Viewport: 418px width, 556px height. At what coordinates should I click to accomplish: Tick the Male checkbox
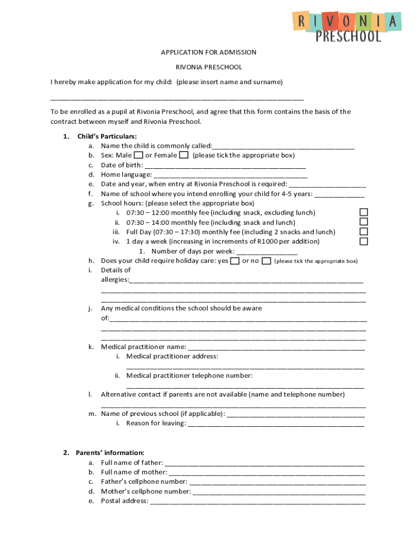(138, 155)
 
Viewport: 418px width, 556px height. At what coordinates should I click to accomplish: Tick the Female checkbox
(184, 155)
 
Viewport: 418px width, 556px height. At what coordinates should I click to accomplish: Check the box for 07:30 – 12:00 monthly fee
(364, 212)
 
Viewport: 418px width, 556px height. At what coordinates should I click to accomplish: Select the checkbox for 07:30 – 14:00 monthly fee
(364, 222)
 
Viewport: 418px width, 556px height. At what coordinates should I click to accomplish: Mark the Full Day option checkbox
(364, 232)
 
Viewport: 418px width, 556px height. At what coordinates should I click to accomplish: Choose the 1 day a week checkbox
(364, 241)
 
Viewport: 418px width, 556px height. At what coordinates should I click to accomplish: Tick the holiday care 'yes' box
(235, 261)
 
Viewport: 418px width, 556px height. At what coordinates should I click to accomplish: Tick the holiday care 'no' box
(266, 261)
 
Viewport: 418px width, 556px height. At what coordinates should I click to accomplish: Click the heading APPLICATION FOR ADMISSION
(208, 52)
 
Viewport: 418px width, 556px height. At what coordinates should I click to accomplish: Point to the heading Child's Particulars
(107, 136)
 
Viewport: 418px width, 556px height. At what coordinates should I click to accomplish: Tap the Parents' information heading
(110, 452)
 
